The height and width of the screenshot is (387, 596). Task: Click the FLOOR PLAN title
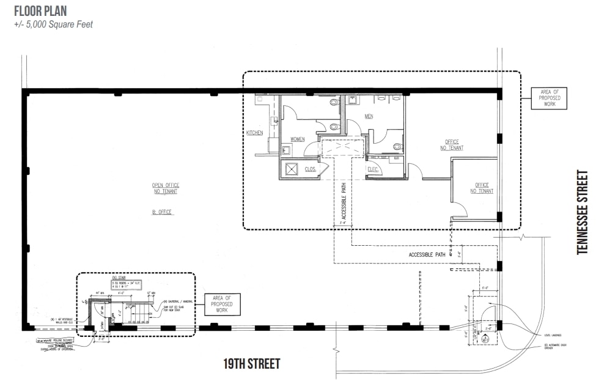coord(40,11)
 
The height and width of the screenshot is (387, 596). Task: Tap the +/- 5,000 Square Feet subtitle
coord(53,25)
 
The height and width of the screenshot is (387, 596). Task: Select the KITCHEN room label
coord(254,133)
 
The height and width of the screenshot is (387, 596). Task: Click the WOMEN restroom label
coord(297,139)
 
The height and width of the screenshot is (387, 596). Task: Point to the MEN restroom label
coord(369,116)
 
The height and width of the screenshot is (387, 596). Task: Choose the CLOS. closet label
coord(311,169)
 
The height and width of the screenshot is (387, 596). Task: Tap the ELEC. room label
coord(374,169)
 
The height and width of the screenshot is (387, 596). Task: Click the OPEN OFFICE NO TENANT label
coord(166,188)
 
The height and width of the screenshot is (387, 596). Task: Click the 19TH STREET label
coord(251,364)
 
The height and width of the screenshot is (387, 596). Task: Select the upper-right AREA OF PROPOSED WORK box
coord(545,98)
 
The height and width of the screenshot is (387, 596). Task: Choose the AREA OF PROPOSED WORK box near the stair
coord(222,304)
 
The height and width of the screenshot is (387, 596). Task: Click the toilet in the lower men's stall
coord(397,147)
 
